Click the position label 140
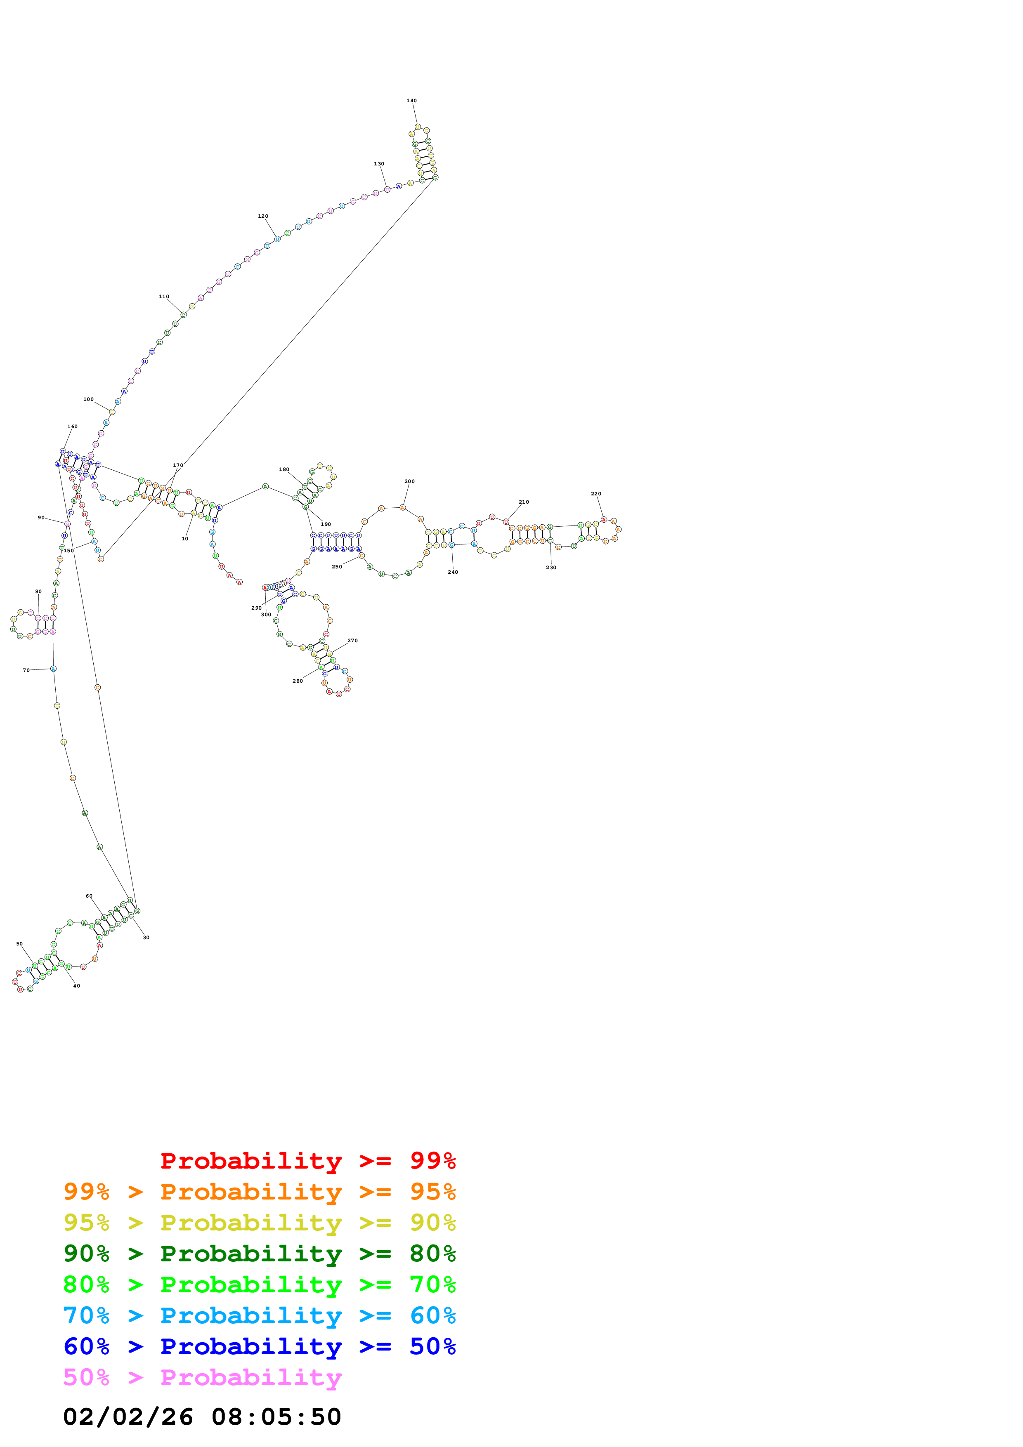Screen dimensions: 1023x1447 pyautogui.click(x=411, y=101)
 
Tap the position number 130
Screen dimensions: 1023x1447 pyautogui.click(x=379, y=164)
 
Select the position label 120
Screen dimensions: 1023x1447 pyautogui.click(x=263, y=216)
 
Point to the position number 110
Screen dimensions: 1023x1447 pyautogui.click(x=164, y=296)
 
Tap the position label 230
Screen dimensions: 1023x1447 pyautogui.click(x=551, y=568)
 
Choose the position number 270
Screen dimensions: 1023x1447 pyautogui.click(x=352, y=641)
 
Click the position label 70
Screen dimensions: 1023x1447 pyautogui.click(x=26, y=671)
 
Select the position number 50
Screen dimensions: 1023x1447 pyautogui.click(x=19, y=944)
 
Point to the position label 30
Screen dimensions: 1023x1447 pyautogui.click(x=146, y=938)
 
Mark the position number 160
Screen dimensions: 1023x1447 pyautogui.click(x=73, y=427)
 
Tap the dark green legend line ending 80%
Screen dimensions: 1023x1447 pyautogui.click(x=259, y=1254)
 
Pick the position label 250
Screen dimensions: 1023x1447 pyautogui.click(x=337, y=567)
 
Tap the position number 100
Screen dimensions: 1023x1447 pyautogui.click(x=88, y=400)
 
